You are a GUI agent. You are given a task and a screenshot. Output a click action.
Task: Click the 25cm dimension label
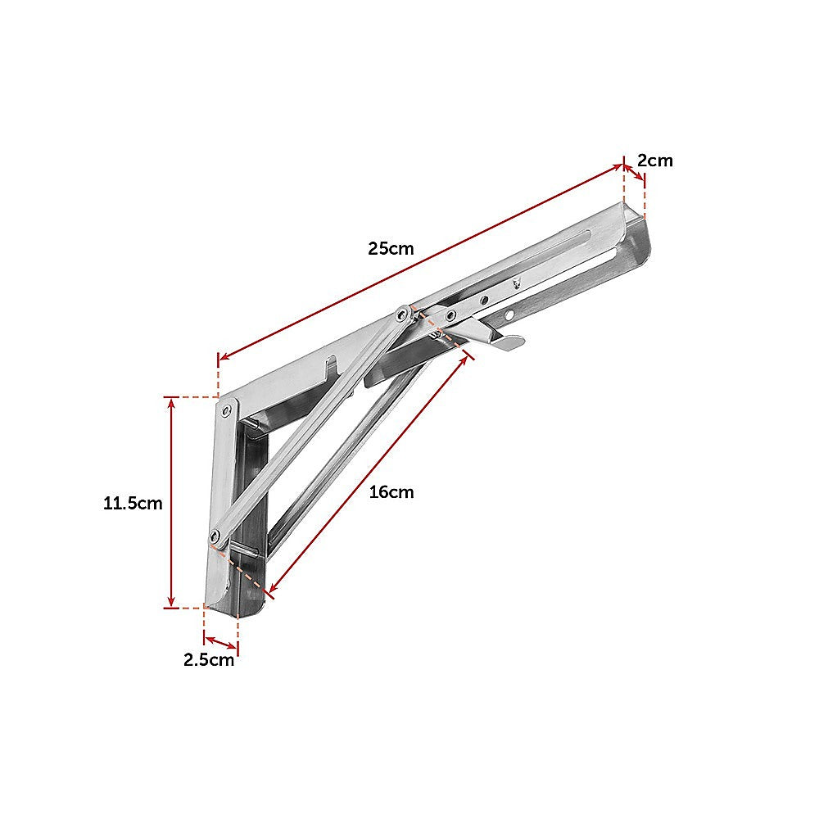(x=391, y=248)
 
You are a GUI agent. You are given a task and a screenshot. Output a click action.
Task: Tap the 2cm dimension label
(x=655, y=161)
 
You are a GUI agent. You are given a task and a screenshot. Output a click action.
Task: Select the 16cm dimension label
(x=391, y=492)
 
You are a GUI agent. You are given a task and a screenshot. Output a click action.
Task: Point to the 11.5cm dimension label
(x=133, y=504)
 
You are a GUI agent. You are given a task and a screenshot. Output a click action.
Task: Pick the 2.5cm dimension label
(x=209, y=660)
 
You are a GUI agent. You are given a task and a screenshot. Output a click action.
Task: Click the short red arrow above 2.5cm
(x=220, y=641)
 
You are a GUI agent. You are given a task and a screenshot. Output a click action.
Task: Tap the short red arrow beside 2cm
(x=633, y=173)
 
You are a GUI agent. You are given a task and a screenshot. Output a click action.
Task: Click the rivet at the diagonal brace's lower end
(x=216, y=536)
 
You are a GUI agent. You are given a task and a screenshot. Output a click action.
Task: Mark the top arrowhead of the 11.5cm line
(x=170, y=402)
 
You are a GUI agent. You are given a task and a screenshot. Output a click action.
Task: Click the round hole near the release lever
(x=509, y=314)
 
